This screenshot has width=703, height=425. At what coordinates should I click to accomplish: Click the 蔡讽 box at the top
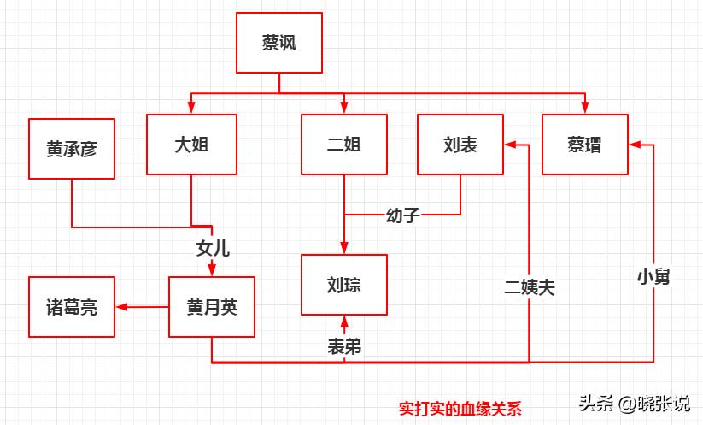(x=279, y=43)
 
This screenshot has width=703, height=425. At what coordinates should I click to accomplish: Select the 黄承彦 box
(x=72, y=149)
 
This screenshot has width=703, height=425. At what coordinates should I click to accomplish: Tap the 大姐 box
(x=190, y=145)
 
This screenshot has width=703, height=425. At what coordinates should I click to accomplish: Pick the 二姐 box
(x=344, y=145)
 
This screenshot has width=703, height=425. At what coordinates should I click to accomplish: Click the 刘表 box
(x=460, y=145)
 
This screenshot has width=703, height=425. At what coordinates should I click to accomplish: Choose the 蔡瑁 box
(x=585, y=145)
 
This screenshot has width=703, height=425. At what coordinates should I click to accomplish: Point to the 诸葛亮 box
(x=72, y=307)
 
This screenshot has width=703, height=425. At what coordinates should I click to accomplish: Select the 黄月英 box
(x=212, y=307)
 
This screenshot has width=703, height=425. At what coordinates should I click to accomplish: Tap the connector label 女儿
(x=213, y=249)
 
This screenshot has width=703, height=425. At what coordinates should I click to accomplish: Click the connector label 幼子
(x=402, y=215)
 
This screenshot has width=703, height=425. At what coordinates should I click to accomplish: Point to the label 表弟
(x=344, y=345)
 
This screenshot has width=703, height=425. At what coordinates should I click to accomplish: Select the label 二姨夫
(x=530, y=287)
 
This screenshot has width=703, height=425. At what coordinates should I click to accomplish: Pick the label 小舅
(x=653, y=275)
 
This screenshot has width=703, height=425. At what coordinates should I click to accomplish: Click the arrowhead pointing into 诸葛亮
(x=121, y=307)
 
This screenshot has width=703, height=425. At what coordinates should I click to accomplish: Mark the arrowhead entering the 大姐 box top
(x=190, y=108)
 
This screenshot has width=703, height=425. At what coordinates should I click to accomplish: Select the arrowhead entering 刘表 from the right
(x=510, y=145)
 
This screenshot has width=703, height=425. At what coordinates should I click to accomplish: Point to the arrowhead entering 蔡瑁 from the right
(x=635, y=145)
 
